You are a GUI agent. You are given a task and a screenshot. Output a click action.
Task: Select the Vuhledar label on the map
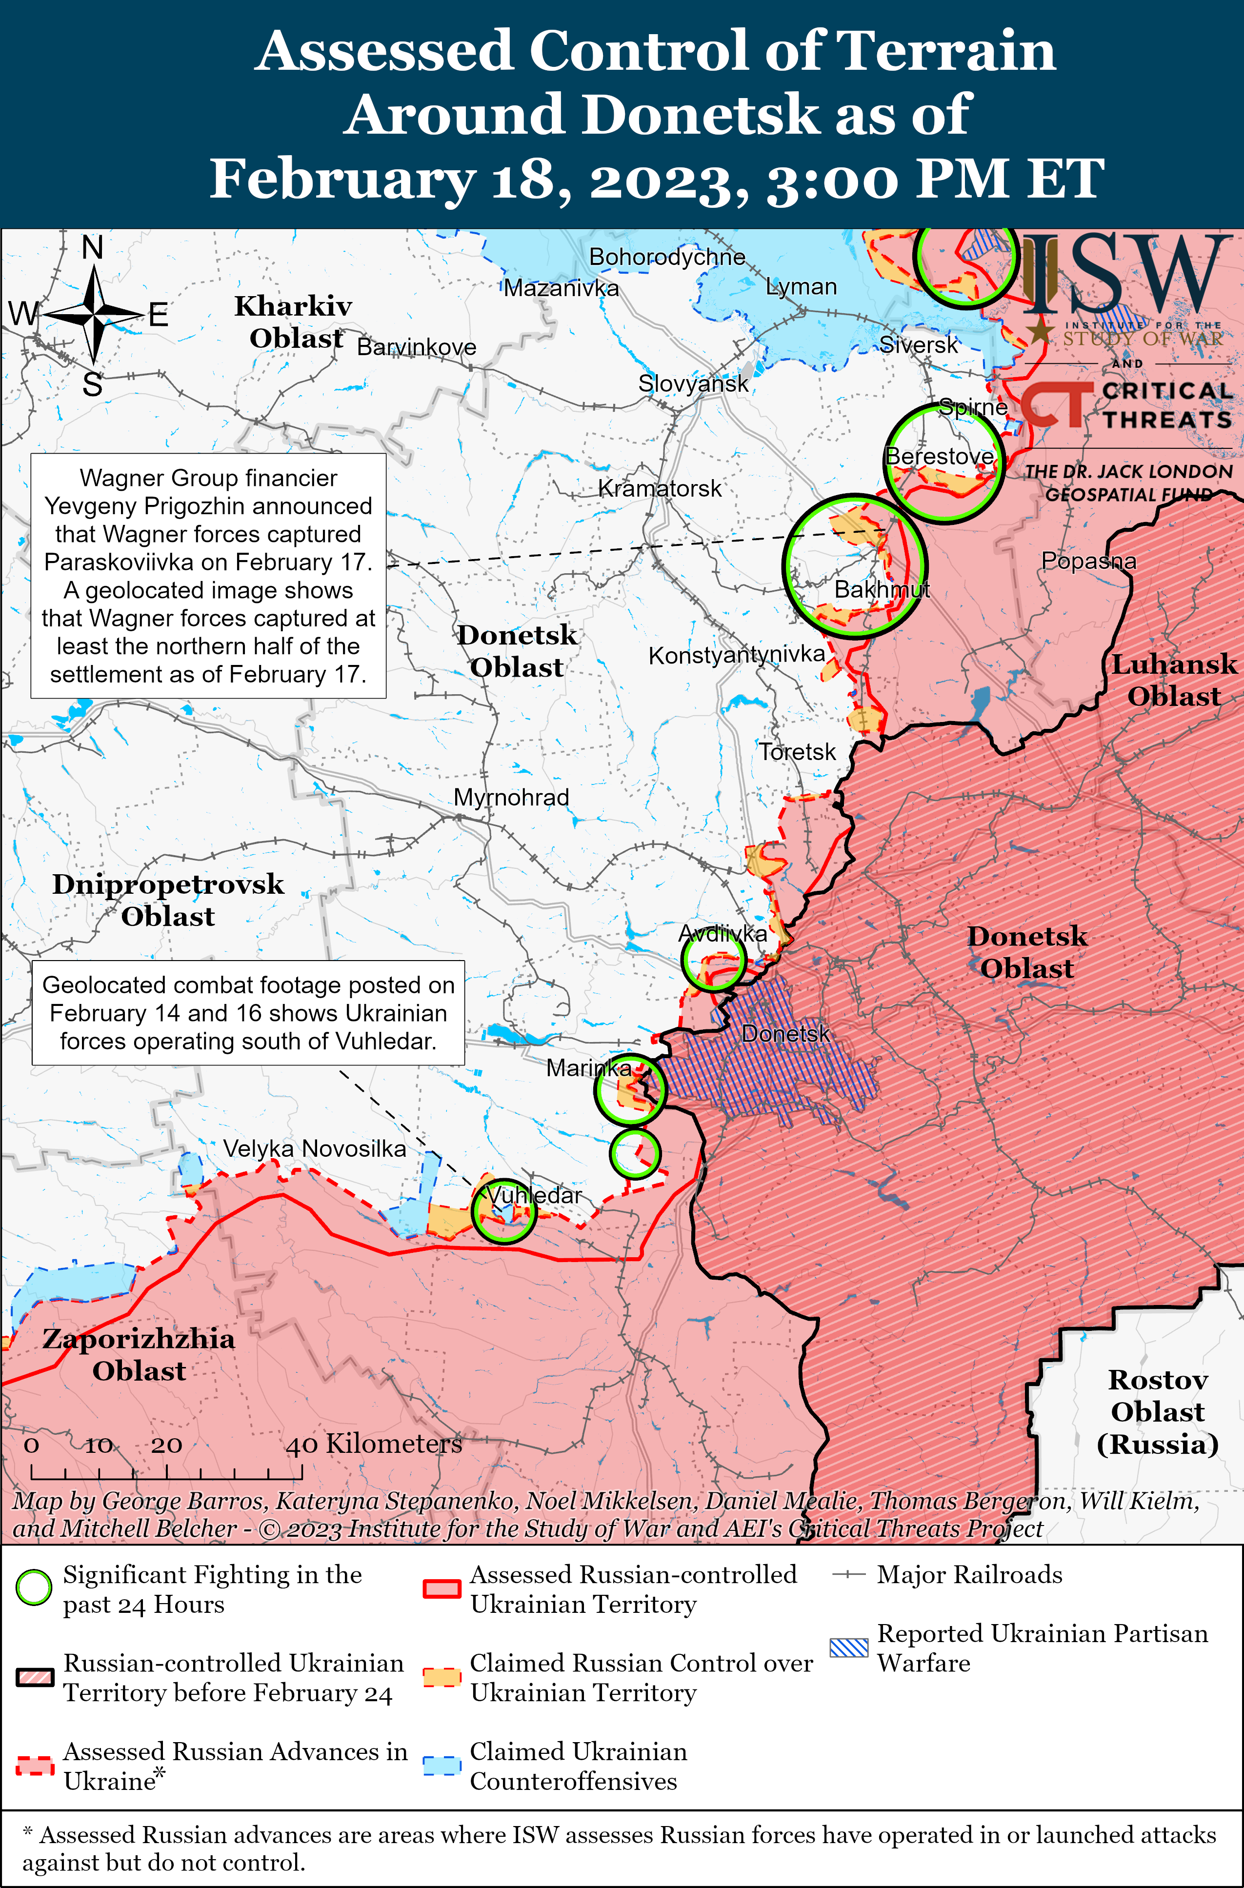534,1195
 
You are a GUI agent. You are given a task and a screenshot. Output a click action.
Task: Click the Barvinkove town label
417,347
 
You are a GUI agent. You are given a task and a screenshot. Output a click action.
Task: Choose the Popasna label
1088,561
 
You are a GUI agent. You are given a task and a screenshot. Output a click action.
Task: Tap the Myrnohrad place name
511,797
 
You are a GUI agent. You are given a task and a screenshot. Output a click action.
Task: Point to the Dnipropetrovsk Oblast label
168,900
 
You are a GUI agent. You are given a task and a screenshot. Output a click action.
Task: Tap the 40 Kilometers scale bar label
374,1444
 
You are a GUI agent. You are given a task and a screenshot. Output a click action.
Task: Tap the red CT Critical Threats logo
1055,404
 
